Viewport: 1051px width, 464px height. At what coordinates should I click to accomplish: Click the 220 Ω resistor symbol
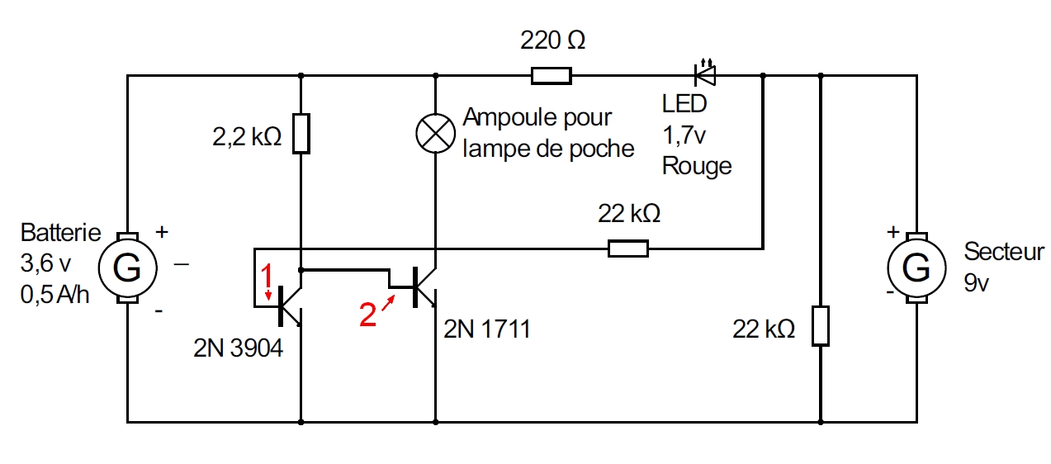(551, 76)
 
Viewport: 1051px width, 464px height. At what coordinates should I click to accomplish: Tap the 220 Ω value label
(552, 40)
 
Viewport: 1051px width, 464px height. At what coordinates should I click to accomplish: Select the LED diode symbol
(704, 75)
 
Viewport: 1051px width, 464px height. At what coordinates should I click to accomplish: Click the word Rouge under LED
(697, 166)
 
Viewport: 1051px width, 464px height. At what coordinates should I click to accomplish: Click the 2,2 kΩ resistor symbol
(301, 134)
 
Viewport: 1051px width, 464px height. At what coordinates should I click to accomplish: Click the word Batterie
(60, 233)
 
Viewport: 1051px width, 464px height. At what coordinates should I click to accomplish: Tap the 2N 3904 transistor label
(238, 348)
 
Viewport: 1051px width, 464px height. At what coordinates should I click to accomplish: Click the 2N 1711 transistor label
(487, 330)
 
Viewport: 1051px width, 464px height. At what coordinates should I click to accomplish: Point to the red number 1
(266, 273)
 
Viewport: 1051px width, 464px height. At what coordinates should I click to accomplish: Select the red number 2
(368, 314)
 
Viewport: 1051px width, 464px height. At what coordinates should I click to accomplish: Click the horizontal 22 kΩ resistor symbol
(628, 248)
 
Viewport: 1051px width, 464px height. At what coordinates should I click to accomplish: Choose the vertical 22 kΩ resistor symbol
(820, 325)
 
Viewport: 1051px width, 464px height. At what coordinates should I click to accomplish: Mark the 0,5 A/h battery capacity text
(54, 294)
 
